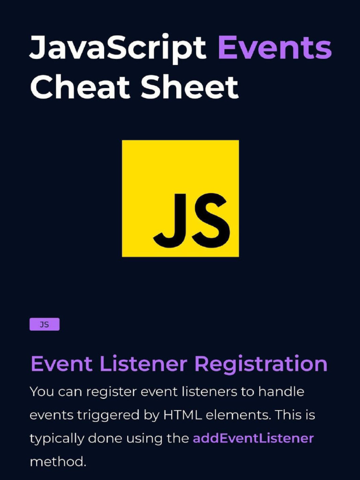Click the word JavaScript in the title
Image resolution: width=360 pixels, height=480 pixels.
(118, 48)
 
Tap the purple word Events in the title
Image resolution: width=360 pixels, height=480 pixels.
(275, 48)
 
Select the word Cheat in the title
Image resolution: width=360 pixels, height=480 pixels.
(80, 87)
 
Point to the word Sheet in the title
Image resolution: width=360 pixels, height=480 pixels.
(189, 87)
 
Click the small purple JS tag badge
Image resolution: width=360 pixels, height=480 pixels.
(45, 324)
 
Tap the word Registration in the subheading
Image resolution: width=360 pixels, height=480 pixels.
(261, 364)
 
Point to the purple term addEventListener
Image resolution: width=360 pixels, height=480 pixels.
(253, 439)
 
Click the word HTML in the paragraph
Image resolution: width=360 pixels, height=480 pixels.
(182, 415)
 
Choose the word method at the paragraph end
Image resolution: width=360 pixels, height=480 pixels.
(58, 462)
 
